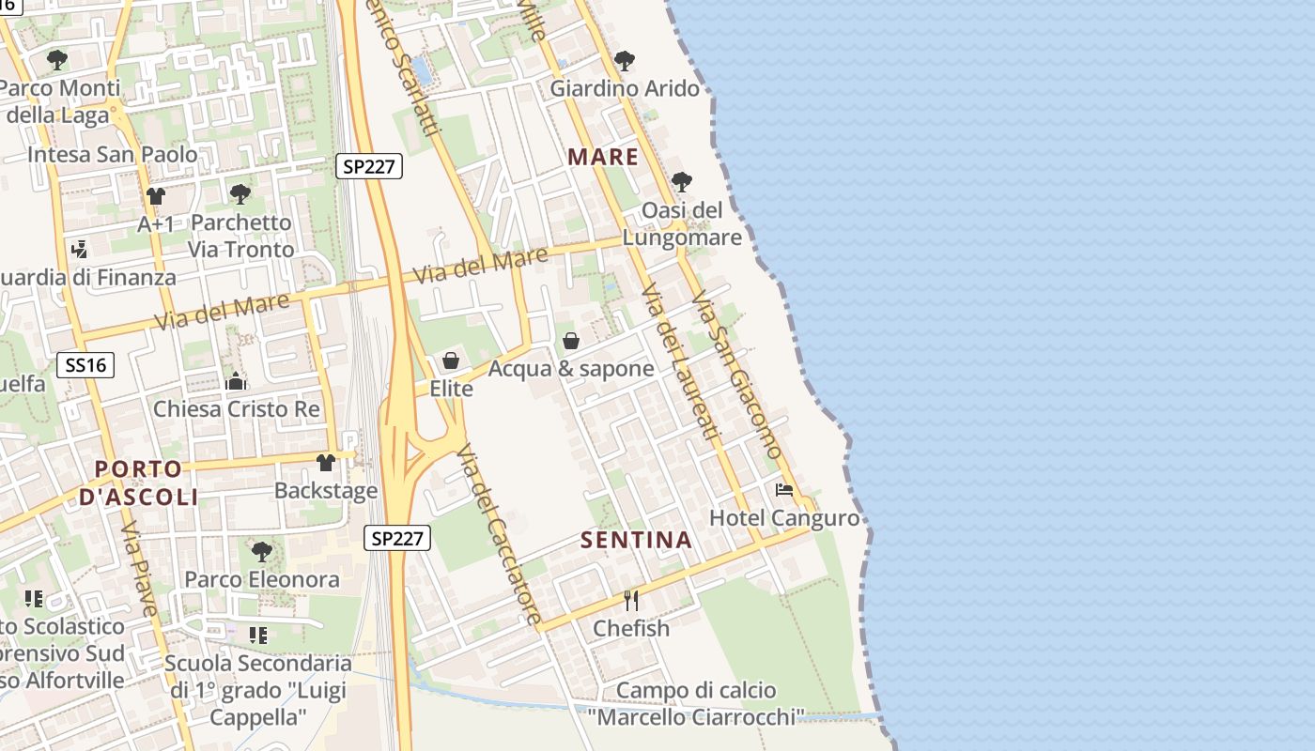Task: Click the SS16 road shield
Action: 85,365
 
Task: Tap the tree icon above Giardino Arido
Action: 624,62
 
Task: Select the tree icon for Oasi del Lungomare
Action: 682,182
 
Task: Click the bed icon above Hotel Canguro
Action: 783,490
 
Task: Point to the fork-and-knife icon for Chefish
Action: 631,600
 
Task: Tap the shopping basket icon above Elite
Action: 451,360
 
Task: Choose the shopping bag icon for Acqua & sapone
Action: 570,341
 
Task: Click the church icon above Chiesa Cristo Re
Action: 236,381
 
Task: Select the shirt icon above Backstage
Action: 326,463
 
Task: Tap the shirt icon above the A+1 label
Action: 156,196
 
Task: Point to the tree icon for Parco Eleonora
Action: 262,551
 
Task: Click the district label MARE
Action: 603,158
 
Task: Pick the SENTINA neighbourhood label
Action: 636,540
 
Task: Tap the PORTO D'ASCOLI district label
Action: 139,483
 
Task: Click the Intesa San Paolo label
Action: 113,154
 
